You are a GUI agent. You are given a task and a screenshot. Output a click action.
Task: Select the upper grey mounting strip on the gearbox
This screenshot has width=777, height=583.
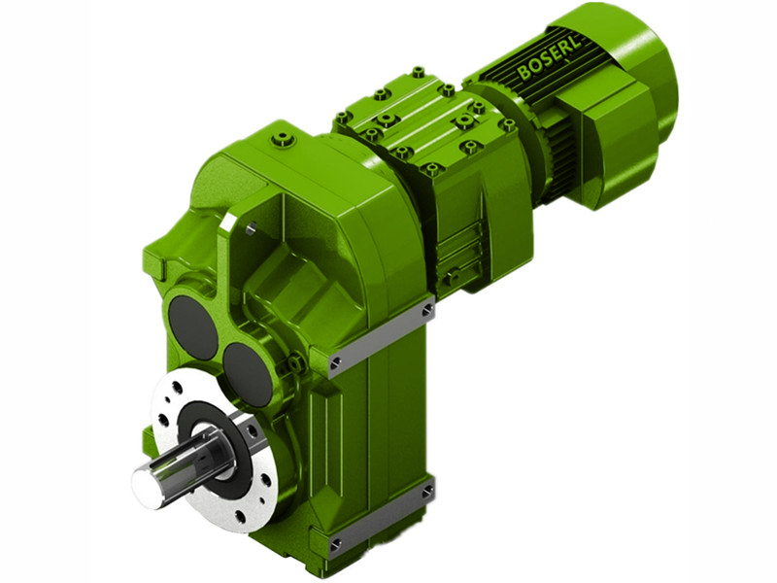(x=379, y=336)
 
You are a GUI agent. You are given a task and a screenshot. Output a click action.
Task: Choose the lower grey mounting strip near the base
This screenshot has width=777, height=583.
(x=379, y=519)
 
